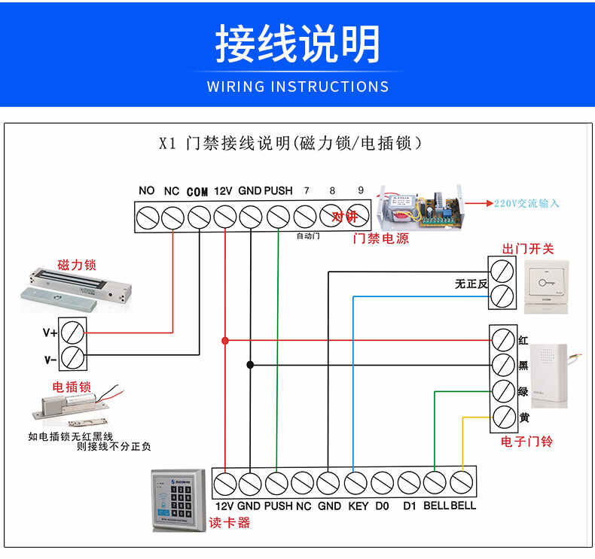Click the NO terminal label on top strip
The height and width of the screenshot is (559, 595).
[x=147, y=190]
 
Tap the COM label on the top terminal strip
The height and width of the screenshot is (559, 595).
[x=197, y=192]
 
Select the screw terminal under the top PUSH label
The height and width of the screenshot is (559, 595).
[x=278, y=217]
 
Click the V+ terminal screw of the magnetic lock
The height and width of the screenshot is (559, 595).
[x=73, y=331]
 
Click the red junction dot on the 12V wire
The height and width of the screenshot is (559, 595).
[x=224, y=340]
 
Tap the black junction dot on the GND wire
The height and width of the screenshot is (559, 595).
[x=251, y=364]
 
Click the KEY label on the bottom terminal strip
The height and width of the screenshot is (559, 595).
[x=359, y=506]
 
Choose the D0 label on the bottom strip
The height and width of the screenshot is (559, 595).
[x=383, y=506]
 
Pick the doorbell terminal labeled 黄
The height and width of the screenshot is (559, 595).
[x=502, y=416]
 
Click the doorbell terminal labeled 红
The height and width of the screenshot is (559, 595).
[x=502, y=339]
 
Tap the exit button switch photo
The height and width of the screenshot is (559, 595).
[x=547, y=286]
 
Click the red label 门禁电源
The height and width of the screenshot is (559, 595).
[x=381, y=238]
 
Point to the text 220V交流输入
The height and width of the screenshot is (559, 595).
[x=527, y=203]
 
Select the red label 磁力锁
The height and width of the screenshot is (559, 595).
[x=78, y=266]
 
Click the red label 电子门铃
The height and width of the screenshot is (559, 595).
[x=526, y=442]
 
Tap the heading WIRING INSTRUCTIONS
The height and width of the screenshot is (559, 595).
[x=297, y=87]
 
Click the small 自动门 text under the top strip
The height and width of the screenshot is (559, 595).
[x=308, y=236]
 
